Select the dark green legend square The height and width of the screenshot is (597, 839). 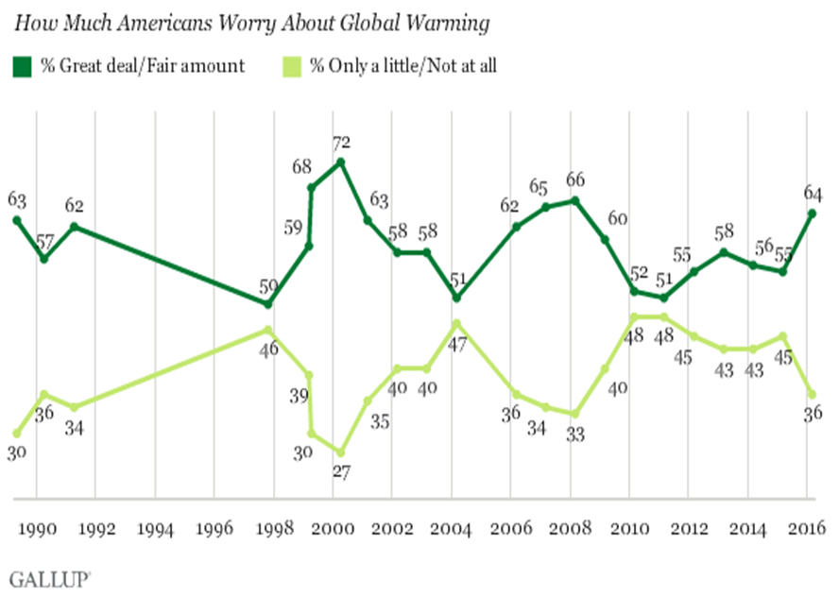click(21, 65)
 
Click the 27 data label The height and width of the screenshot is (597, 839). click(341, 472)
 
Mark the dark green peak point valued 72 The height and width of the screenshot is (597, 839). click(340, 162)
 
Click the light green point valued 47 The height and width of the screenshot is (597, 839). click(456, 322)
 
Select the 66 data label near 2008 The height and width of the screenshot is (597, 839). click(574, 179)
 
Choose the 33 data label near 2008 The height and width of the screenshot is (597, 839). click(574, 435)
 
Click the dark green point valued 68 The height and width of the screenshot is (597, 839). click(311, 187)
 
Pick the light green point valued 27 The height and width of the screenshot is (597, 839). click(340, 452)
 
